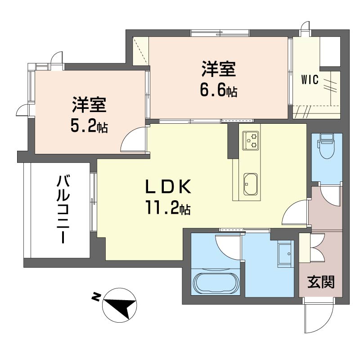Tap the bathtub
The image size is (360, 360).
[216, 283]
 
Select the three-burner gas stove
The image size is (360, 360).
[251, 140]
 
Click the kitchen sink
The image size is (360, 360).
[250, 184]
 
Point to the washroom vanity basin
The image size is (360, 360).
[285, 254]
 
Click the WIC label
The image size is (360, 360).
[310, 80]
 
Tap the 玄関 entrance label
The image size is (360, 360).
[321, 282]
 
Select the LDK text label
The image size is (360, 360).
[168, 186]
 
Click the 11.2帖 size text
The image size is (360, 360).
[167, 207]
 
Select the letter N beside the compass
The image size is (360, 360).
[96, 297]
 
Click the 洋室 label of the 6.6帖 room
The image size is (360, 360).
[219, 68]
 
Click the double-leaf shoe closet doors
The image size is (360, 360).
[317, 247]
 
